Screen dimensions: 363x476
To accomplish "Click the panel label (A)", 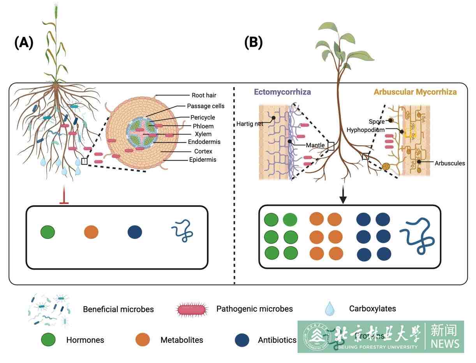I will (x=24, y=42).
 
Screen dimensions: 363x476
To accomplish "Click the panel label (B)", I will (x=253, y=42).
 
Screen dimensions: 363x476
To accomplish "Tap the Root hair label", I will (x=204, y=95).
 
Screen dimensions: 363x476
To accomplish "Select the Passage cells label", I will (x=206, y=106).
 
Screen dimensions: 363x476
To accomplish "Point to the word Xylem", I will (x=203, y=134).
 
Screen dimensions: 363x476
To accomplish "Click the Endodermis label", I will (x=204, y=142).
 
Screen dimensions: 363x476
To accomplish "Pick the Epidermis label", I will (x=202, y=160).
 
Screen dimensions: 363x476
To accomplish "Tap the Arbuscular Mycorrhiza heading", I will (x=415, y=92).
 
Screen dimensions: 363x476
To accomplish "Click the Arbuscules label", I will (x=450, y=163).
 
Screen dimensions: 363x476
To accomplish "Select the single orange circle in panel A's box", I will (x=91, y=232).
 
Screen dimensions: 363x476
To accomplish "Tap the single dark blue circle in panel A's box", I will (x=135, y=232).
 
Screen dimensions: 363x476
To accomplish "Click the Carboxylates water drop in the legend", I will (x=330, y=309).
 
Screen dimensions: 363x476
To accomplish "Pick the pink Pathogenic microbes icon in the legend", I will (x=191, y=309).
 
